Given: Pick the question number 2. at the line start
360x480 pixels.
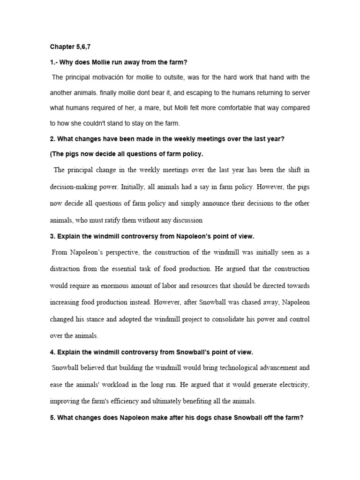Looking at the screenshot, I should point(53,139).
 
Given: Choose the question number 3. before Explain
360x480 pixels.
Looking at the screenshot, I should point(53,236).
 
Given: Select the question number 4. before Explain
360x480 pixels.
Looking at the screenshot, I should point(53,352).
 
